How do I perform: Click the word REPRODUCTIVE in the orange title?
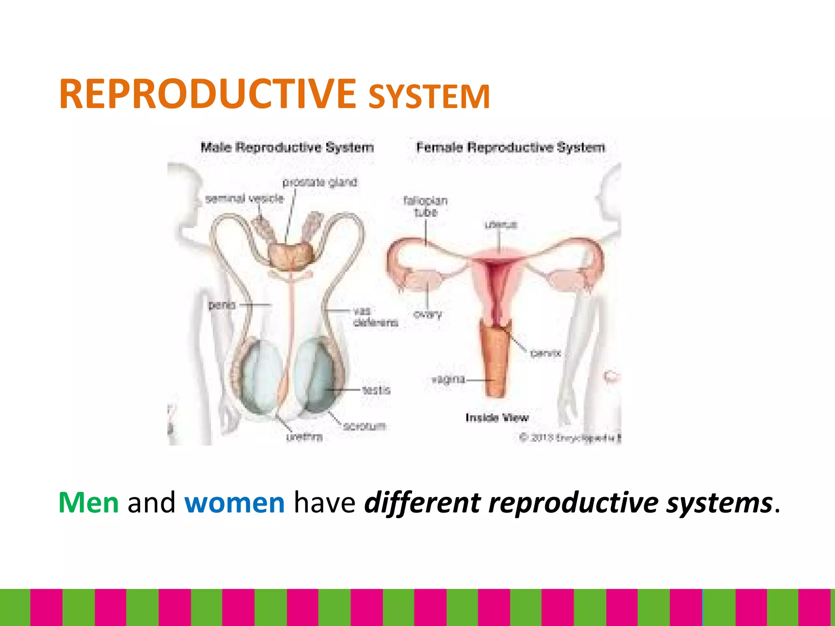pyautogui.click(x=207, y=95)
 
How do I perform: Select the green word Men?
pyautogui.click(x=88, y=503)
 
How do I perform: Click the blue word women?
pyautogui.click(x=234, y=503)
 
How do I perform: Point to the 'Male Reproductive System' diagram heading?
pyautogui.click(x=287, y=147)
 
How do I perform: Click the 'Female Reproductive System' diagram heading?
pyautogui.click(x=510, y=147)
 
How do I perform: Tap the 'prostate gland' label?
pyautogui.click(x=320, y=182)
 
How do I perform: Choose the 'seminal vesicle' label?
pyautogui.click(x=244, y=198)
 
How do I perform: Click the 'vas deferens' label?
pyautogui.click(x=374, y=317)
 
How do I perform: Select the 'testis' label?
pyautogui.click(x=376, y=390)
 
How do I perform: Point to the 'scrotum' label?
pyautogui.click(x=364, y=426)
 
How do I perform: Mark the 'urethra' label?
pyautogui.click(x=304, y=437)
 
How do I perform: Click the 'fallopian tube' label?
pyautogui.click(x=425, y=206)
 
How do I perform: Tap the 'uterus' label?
pyautogui.click(x=501, y=225)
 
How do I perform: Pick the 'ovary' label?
pyautogui.click(x=428, y=314)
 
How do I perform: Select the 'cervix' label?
pyautogui.click(x=546, y=353)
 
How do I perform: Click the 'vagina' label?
pyautogui.click(x=448, y=379)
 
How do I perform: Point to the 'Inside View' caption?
pyautogui.click(x=497, y=417)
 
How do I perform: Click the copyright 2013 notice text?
pyautogui.click(x=570, y=438)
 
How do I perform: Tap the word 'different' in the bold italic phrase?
pyautogui.click(x=422, y=503)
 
